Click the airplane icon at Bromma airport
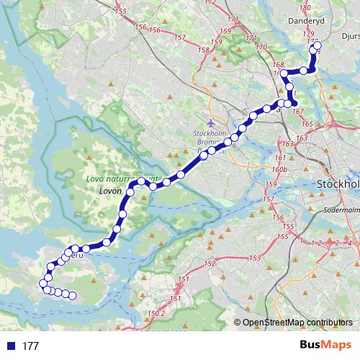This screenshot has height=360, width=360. click(210, 122)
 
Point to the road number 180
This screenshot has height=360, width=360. click(305, 7)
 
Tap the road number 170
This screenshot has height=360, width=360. click(261, 48)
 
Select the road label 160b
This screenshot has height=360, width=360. click(281, 170)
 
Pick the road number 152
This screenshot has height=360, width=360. click(210, 264)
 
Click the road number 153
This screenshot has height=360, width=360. click(254, 258)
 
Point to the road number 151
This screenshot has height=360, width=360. click(183, 279)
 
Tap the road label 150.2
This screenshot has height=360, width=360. click(156, 314)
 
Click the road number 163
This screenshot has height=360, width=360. click(288, 145)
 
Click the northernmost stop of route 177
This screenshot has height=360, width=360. click(318, 45)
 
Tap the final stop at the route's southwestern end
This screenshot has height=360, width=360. click(73, 295)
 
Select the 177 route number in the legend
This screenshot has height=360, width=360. click(30, 346)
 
